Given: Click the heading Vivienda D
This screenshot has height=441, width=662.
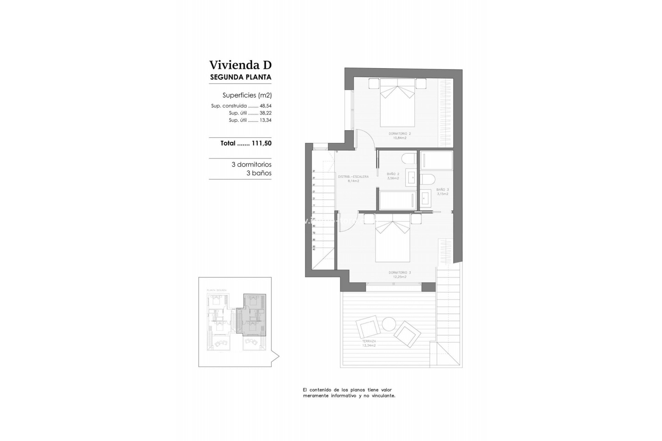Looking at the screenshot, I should (240, 65).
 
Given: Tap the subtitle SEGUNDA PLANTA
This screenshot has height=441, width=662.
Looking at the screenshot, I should (240, 77).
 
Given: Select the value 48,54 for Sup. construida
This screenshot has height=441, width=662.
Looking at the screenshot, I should (265, 106).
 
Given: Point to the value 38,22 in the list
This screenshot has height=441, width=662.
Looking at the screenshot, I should (265, 113).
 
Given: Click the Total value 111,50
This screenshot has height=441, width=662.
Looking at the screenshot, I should (261, 143).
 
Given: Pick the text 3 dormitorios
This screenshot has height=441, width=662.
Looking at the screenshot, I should (251, 165).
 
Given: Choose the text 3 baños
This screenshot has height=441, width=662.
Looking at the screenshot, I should (259, 173).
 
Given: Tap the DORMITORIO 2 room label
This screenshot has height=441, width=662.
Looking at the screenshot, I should (400, 135).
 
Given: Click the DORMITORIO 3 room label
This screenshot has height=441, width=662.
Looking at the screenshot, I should (400, 275).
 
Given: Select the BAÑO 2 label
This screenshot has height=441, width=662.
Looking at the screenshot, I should (393, 176).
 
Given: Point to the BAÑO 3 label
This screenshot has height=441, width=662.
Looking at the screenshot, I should (442, 192).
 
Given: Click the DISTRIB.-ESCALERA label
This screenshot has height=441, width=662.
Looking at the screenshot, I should (353, 178).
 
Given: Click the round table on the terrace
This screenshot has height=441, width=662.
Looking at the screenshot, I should (389, 324).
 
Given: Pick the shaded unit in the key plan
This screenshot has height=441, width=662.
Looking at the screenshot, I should (254, 314).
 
